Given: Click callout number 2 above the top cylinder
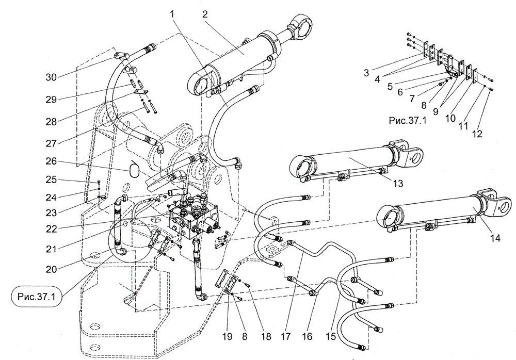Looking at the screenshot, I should (205, 14).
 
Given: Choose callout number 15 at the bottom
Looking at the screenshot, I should (331, 336).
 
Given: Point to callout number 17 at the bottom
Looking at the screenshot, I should (283, 336).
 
